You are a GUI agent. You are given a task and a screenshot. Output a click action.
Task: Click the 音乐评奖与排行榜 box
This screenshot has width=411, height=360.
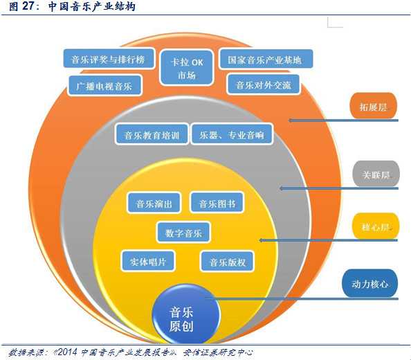coord(109,59)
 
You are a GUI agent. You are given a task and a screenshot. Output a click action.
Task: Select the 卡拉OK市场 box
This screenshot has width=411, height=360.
coord(187,68)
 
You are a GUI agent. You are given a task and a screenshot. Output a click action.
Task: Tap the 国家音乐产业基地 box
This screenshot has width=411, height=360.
coord(266,60)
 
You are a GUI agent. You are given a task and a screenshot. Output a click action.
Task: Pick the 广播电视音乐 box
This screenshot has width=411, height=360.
coord(104,85)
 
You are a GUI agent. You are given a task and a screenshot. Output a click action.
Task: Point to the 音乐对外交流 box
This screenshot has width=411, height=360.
coord(264,84)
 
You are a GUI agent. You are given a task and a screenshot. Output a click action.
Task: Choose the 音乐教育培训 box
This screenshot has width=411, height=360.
coord(152,134)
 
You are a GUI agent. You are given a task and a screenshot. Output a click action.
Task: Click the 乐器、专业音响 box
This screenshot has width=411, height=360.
coord(232,134)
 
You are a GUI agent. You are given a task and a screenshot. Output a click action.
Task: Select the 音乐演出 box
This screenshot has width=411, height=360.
coord(154,203)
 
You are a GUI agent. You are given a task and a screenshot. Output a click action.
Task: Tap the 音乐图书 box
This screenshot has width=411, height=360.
coord(217,203)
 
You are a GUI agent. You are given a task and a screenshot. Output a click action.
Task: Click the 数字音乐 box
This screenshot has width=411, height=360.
coord(183,233)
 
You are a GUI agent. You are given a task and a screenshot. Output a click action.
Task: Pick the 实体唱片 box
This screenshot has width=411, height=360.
coord(148,261)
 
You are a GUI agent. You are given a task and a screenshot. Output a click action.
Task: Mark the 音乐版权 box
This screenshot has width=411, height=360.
coord(227,262)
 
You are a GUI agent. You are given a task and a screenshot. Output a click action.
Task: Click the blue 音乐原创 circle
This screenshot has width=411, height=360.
coord(185,314)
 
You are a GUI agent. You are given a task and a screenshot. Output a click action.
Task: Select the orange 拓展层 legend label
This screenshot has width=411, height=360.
coord(373,106)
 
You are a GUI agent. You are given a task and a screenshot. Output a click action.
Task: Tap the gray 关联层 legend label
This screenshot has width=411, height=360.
coord(376,174)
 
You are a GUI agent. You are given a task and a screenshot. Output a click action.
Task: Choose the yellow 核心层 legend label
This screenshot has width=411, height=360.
coord(376,226)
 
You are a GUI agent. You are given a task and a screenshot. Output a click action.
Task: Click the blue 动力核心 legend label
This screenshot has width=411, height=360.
coord(369,283)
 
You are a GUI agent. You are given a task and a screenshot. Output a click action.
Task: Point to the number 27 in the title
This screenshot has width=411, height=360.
coord(28,6)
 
